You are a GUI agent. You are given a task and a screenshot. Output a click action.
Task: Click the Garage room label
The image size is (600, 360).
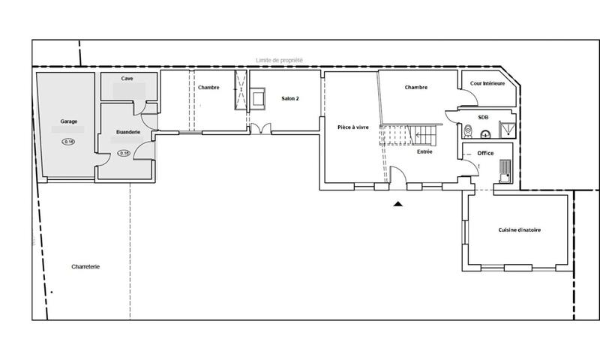click(x=69, y=121)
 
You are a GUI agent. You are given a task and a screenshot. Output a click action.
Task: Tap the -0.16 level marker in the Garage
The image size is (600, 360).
click(x=69, y=142)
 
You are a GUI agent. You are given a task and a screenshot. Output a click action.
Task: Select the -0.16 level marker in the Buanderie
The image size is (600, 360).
click(x=124, y=153)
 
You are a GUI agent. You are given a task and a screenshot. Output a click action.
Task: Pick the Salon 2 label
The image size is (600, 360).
click(x=291, y=98)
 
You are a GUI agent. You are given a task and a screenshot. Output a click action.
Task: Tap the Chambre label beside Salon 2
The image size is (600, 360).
click(x=208, y=88)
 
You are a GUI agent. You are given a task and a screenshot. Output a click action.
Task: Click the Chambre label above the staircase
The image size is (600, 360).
click(x=415, y=88)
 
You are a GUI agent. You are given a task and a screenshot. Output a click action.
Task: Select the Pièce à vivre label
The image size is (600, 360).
click(x=353, y=128)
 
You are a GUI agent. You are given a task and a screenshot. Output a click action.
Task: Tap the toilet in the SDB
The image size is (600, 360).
click(x=467, y=133)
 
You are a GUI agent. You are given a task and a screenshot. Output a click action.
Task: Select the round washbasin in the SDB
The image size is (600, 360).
click(x=486, y=135)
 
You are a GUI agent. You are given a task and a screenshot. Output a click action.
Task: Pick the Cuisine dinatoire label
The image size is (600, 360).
click(x=520, y=229)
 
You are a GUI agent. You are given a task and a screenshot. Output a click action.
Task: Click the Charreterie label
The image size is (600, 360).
click(x=85, y=266)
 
